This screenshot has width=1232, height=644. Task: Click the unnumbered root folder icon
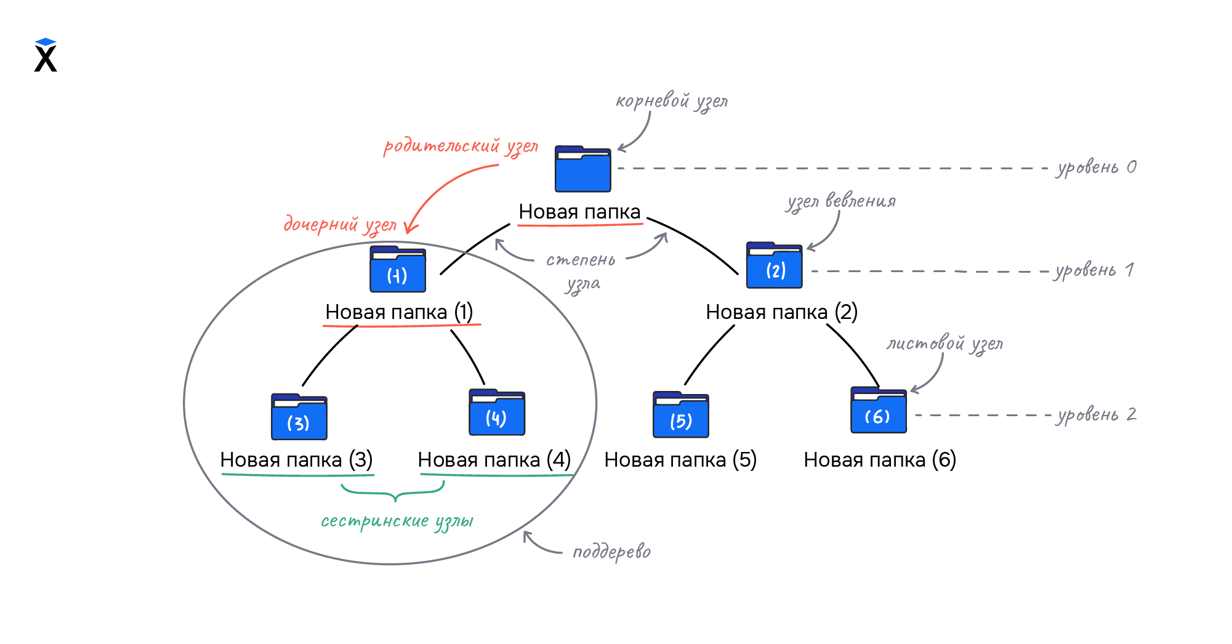click(582, 169)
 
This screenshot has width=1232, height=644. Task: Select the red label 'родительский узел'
click(461, 147)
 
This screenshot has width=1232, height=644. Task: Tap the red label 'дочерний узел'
click(340, 225)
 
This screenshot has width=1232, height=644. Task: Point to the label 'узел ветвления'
click(841, 202)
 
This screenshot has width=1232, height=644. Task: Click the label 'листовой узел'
click(944, 344)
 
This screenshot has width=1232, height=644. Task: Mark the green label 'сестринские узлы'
click(397, 521)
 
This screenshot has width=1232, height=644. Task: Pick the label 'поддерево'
click(611, 552)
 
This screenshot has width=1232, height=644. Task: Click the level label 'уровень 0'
click(1097, 167)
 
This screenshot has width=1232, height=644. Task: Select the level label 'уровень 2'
click(1097, 415)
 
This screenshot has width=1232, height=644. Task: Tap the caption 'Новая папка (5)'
click(680, 460)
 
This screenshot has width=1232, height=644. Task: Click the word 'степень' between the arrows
click(581, 260)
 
